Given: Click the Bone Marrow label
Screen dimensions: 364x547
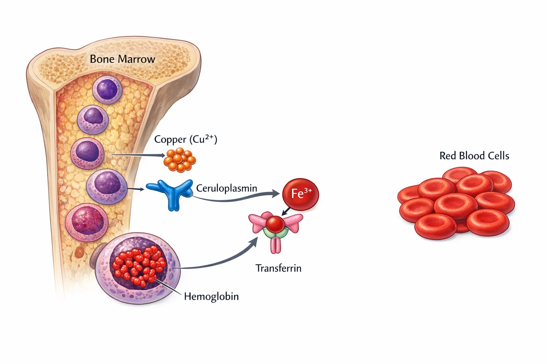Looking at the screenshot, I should click(x=122, y=59).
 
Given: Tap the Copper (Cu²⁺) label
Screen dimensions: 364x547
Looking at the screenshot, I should click(x=185, y=139).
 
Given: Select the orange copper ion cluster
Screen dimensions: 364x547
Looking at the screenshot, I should click(x=179, y=160).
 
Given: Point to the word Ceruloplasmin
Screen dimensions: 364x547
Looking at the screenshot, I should click(x=226, y=188).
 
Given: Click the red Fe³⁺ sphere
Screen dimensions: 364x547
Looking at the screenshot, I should click(x=300, y=194).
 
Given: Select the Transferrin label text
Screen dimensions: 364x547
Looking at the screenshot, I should click(x=278, y=268).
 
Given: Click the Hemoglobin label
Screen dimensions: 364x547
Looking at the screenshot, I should click(x=211, y=296).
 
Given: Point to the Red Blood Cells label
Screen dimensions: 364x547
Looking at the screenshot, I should click(x=474, y=156).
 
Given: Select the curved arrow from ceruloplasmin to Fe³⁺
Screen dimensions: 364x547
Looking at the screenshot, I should click(x=235, y=199).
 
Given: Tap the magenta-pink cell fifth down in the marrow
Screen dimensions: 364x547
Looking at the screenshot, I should click(x=87, y=222).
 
